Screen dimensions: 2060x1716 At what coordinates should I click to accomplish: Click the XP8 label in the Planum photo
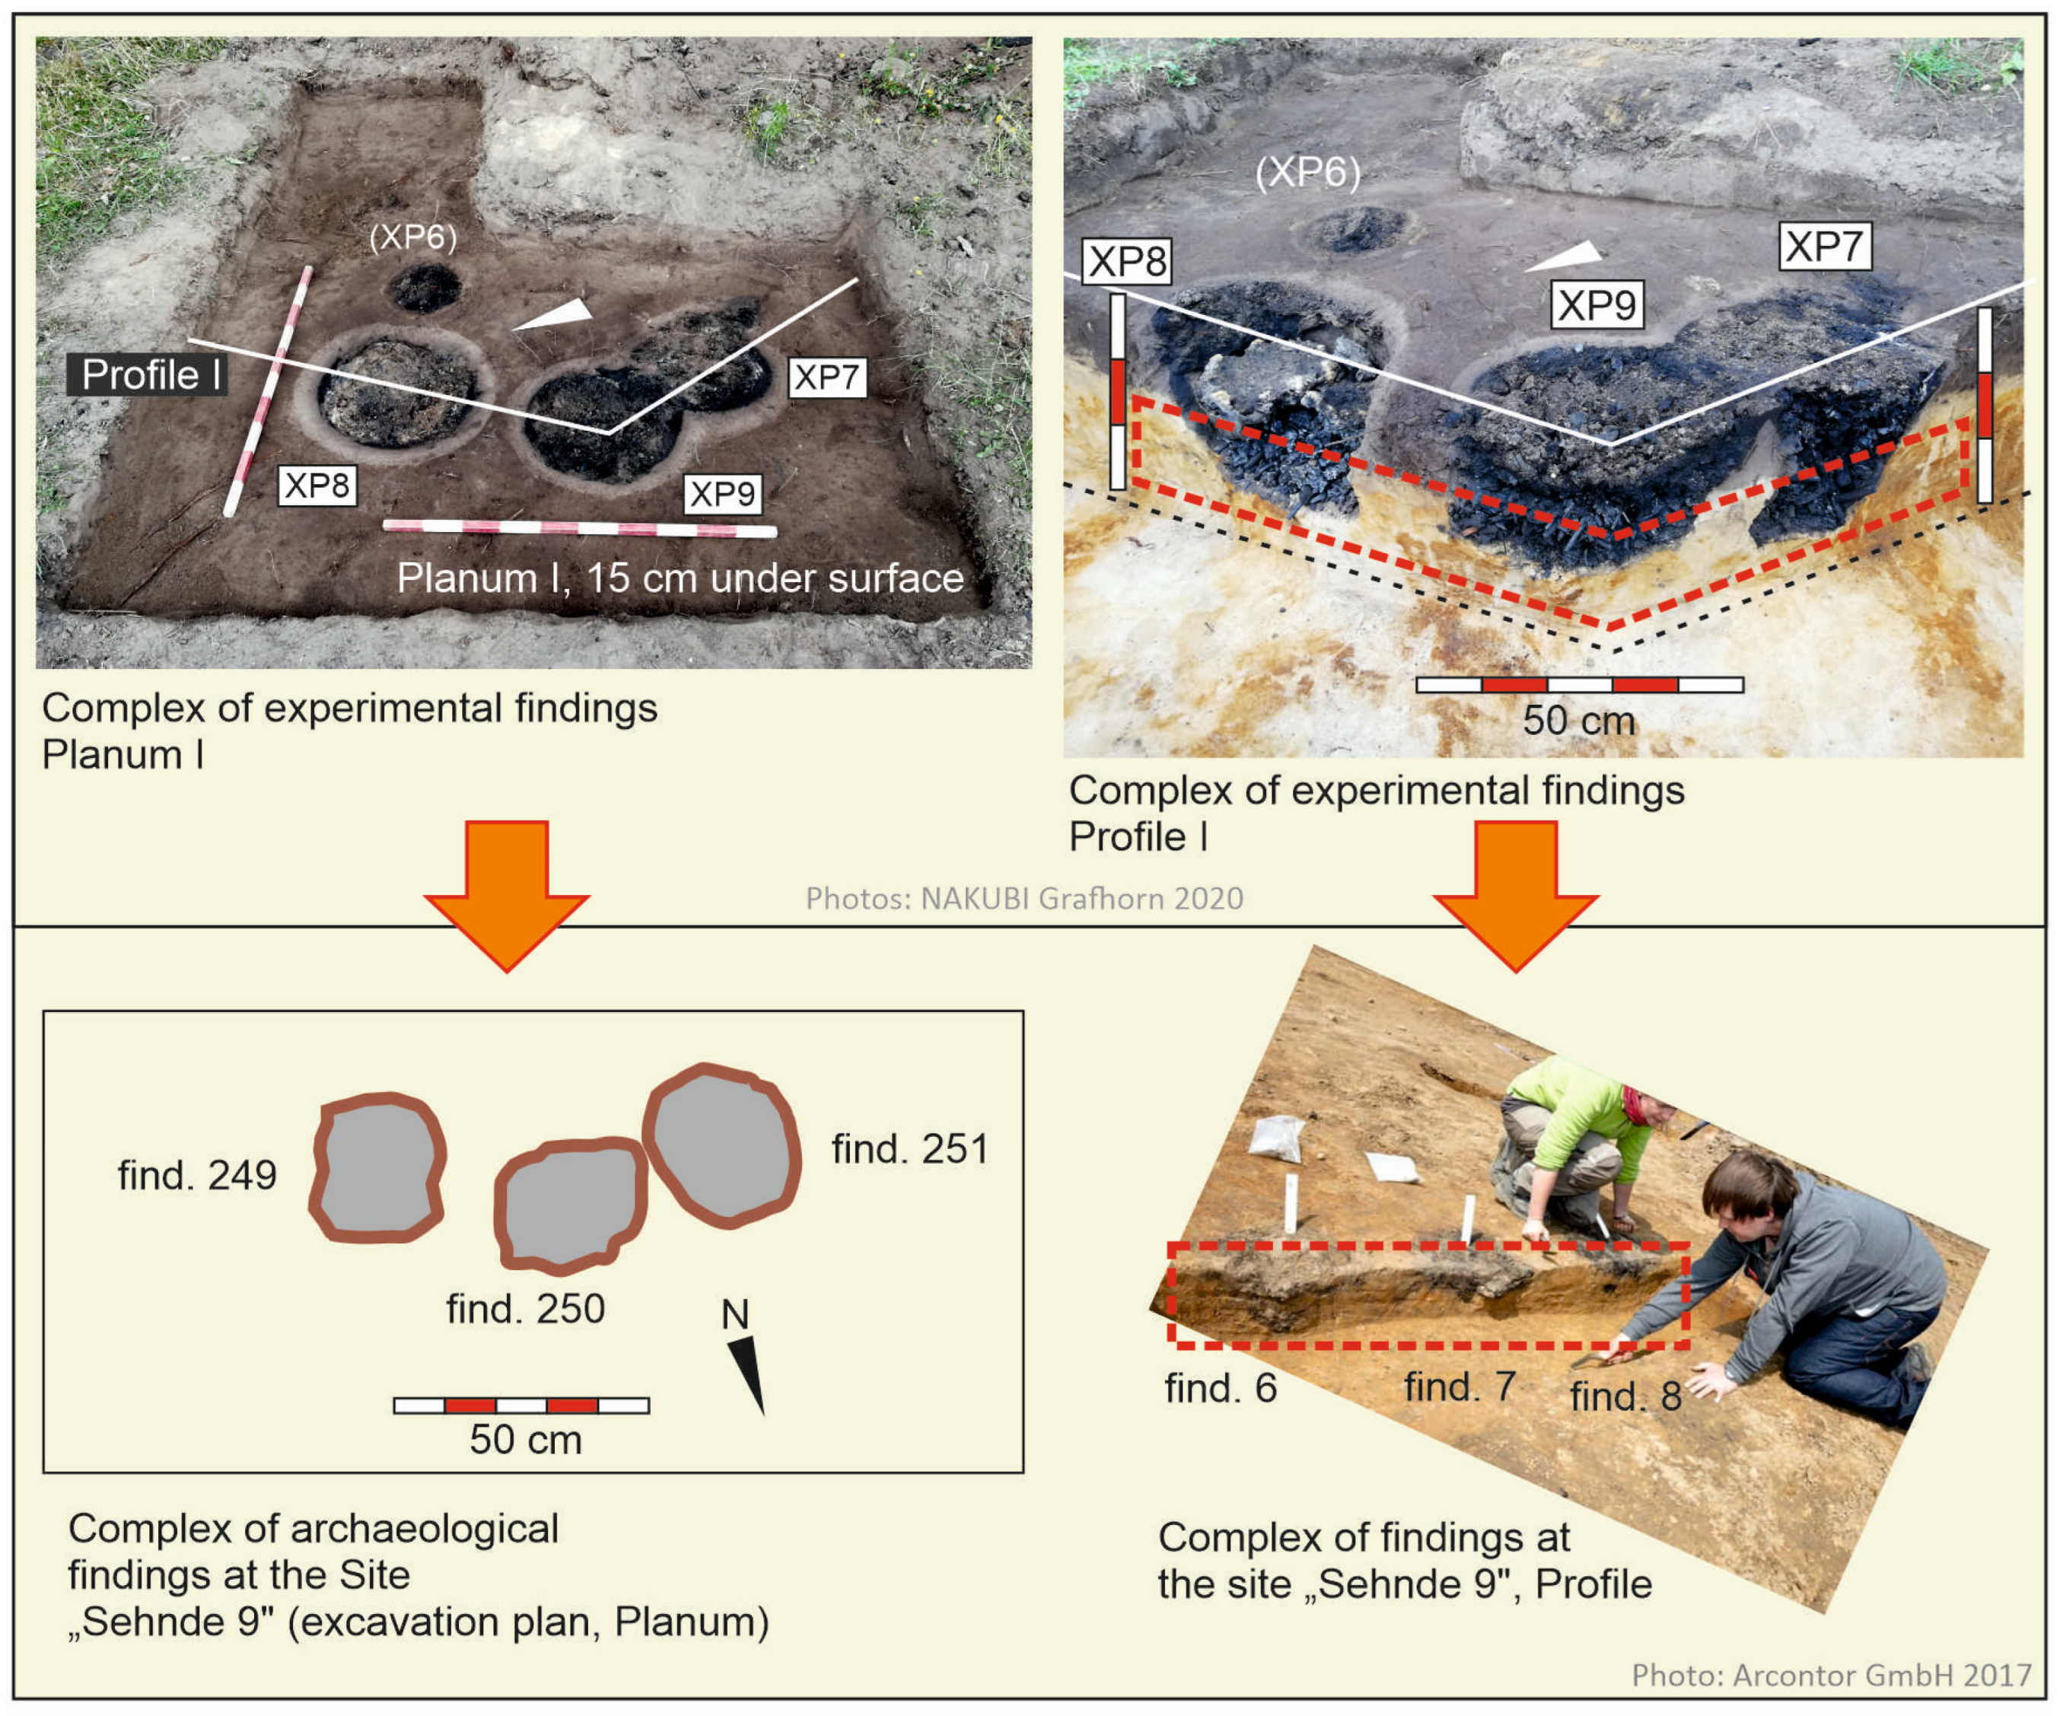317,485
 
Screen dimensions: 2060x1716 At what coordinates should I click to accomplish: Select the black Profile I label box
147,375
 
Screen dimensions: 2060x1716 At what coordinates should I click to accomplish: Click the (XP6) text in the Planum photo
413,237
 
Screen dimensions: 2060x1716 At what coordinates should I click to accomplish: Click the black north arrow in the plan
747,1374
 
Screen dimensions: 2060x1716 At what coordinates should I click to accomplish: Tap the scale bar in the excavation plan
521,1405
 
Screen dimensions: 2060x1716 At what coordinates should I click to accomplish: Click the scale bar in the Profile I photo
1579,685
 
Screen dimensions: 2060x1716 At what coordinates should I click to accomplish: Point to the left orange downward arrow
506,895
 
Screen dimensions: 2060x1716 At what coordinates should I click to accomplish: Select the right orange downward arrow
1516,895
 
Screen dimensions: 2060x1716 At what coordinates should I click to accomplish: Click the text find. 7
1460,1387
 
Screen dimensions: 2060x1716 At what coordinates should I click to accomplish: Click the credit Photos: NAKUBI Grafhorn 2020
1024,898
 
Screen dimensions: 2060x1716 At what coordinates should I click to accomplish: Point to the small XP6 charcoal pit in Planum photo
425,288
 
